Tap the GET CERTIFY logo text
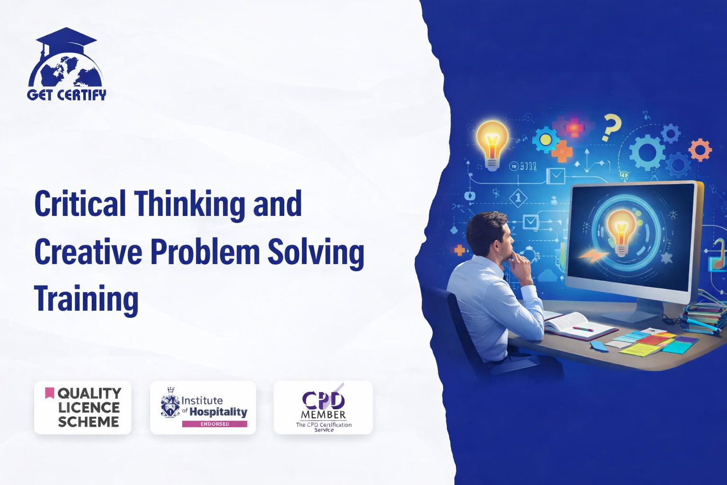coord(67,95)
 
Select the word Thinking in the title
coord(190,205)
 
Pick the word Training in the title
coord(86,299)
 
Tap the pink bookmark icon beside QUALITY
coord(49,393)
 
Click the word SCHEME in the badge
coord(89,422)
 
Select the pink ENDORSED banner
coord(214,424)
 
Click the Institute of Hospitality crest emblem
coord(170,403)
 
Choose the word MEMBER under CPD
coord(323,415)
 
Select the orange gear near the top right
coord(700,150)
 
